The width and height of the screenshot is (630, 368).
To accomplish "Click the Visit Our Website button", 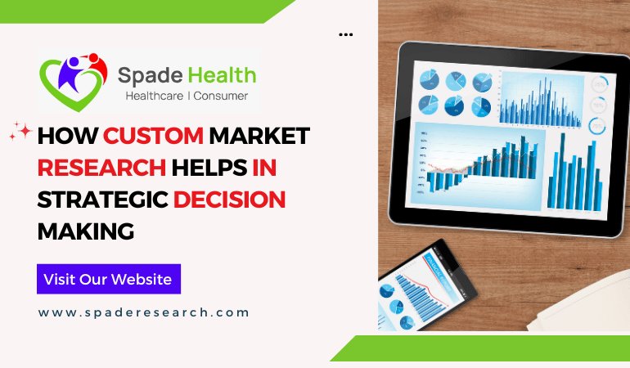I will (x=108, y=279).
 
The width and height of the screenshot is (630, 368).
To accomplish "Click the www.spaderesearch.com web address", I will (x=143, y=312).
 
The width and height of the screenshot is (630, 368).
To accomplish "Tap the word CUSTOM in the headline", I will (x=153, y=136).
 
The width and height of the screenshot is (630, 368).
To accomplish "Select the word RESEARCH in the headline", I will (x=101, y=168).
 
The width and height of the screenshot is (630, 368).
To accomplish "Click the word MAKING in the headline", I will (x=85, y=231).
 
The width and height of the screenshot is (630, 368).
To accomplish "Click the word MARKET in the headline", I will (x=259, y=136).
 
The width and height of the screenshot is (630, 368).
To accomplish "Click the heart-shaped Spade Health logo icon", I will (x=73, y=82).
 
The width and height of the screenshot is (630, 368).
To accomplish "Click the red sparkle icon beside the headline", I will (x=20, y=132).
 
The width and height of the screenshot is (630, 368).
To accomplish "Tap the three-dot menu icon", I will (x=345, y=35).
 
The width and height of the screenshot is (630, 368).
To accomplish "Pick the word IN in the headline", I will (x=263, y=168).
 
